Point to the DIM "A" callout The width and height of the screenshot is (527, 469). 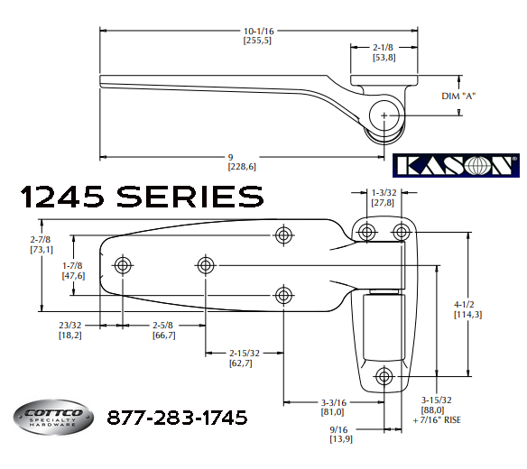pos(458,96)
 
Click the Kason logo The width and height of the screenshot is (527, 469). pos(457,165)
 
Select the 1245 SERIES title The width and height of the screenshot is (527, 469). pos(141,195)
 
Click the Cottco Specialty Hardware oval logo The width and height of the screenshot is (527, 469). pos(53,418)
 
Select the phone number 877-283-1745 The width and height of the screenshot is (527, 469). pos(176,418)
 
